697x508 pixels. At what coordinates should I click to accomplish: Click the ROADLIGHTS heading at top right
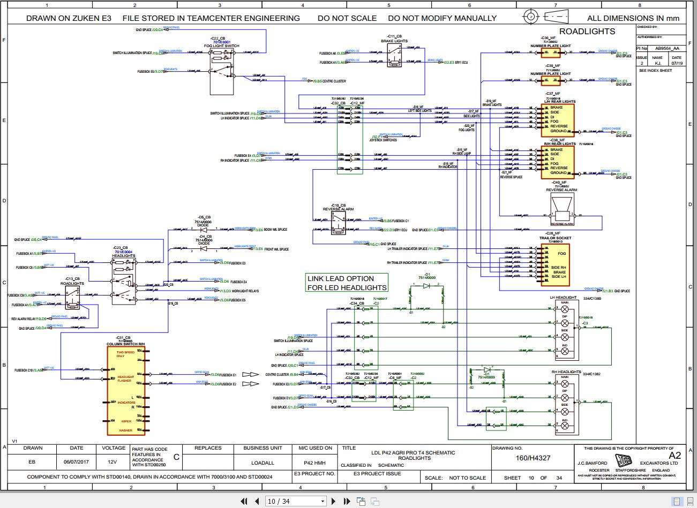point(587,32)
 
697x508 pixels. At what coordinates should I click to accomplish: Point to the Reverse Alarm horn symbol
point(562,209)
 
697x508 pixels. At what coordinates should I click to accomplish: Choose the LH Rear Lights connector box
point(558,119)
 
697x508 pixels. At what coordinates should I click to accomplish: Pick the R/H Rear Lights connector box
point(558,161)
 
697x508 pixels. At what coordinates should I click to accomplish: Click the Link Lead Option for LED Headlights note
point(347,283)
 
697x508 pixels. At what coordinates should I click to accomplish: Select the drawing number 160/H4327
point(533,458)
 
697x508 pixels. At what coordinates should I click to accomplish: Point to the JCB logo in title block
point(622,462)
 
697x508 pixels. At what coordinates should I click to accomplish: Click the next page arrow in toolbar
point(333,502)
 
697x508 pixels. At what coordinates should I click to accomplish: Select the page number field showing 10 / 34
point(295,502)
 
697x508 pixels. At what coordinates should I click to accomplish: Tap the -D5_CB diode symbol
point(203,229)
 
